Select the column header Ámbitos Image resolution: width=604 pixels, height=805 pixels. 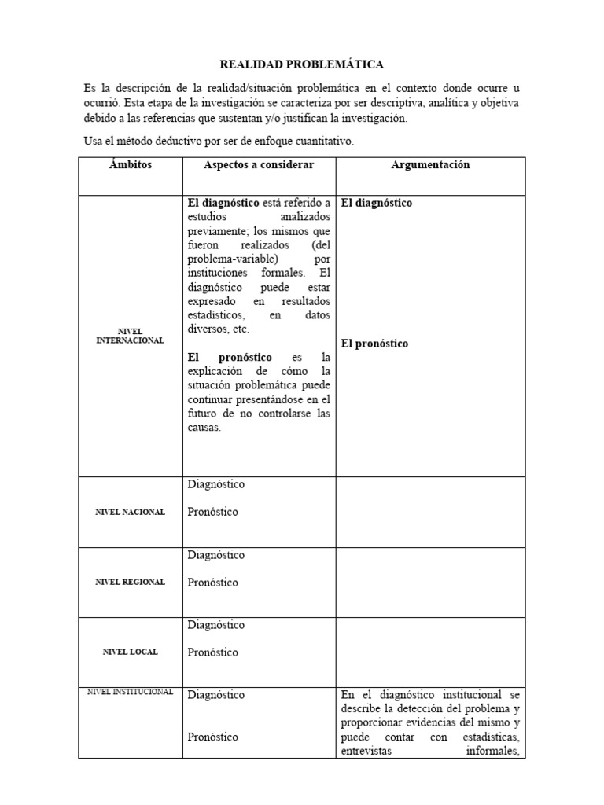(131, 165)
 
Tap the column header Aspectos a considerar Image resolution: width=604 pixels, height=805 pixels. (259, 165)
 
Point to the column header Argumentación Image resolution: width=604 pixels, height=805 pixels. (430, 165)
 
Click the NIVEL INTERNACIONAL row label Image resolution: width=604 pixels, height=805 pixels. (131, 336)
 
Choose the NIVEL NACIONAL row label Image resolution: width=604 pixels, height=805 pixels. (131, 512)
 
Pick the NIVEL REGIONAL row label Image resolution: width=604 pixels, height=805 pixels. (131, 582)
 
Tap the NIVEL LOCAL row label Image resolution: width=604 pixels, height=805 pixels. (131, 652)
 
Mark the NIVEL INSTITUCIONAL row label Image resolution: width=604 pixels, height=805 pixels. (131, 691)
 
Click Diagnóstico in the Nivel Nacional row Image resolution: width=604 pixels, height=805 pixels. (216, 484)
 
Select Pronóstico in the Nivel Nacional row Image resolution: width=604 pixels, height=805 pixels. (213, 512)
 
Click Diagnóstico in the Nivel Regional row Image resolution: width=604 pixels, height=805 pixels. (216, 555)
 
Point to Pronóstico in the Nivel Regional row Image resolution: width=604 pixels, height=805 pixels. (213, 583)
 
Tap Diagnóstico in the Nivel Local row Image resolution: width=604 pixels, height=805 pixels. (216, 625)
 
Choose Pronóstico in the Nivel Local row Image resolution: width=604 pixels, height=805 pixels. (213, 652)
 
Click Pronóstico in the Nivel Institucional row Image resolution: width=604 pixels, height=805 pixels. (213, 737)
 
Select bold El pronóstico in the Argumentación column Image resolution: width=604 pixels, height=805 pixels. (375, 344)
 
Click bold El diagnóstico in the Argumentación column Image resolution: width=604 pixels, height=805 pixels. (377, 203)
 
